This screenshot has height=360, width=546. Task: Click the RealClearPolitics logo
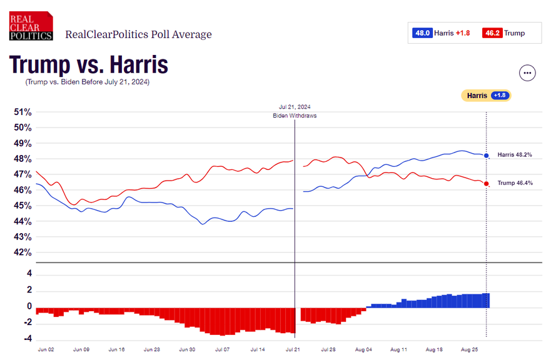coord(31,26)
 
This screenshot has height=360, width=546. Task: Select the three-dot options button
coord(528,72)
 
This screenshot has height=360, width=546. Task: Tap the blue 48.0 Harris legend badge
coord(423,32)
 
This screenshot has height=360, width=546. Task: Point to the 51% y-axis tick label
coord(23,112)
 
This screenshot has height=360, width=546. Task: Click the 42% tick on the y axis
coord(23,252)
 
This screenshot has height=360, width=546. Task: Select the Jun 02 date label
coord(46,351)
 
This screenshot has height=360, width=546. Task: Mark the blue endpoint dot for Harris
coord(487,156)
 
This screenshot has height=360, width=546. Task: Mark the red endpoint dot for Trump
coord(487,183)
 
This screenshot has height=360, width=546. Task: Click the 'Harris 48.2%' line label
coord(515,155)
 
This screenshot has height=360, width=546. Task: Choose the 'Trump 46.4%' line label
coord(515,182)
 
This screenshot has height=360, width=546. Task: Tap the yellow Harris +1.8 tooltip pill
coord(486,96)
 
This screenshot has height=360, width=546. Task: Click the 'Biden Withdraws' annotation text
coord(295,116)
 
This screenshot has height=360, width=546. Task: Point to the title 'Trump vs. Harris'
coord(88,65)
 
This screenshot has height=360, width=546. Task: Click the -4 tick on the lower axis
coord(28,339)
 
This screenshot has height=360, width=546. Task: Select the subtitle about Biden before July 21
coord(88,82)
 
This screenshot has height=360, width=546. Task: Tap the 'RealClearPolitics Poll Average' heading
coord(138,34)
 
